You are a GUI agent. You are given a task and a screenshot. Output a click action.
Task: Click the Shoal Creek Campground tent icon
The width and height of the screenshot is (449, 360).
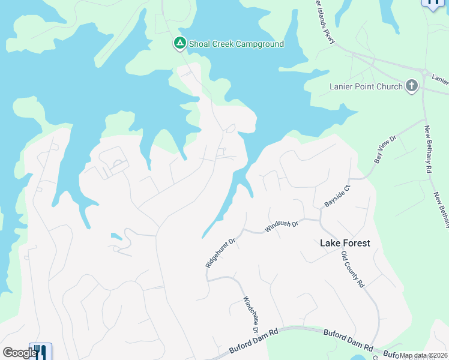coord(179,44)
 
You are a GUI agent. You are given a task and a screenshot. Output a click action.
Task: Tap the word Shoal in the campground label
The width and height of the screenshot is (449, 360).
coord(200,44)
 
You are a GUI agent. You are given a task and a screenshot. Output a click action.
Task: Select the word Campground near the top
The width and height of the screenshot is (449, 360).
coord(259,44)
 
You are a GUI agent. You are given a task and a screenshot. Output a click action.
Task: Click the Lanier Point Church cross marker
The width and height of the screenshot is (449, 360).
coord(412,86)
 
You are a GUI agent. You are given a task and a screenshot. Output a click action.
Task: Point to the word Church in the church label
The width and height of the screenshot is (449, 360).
coord(390,86)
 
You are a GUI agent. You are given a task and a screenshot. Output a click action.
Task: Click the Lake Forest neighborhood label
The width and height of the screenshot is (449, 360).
coord(345,243)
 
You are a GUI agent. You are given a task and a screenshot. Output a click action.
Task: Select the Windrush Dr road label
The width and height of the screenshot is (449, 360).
coord(282,226)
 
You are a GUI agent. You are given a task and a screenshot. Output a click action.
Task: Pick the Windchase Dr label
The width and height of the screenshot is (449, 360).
coord(251,314)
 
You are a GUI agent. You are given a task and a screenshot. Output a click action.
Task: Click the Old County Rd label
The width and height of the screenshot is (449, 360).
coord(353,269)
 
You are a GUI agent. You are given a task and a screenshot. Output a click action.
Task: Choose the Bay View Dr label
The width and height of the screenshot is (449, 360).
coord(386,149)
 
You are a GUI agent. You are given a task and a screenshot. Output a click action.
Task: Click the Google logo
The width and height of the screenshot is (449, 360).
coord(19,353)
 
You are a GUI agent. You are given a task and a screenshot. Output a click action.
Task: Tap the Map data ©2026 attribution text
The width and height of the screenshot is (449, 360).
coord(423,355)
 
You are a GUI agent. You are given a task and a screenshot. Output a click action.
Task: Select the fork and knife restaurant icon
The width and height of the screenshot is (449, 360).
coord(40,352)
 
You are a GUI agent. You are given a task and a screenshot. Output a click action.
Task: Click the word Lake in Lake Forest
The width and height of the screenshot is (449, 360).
coord(330,243)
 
